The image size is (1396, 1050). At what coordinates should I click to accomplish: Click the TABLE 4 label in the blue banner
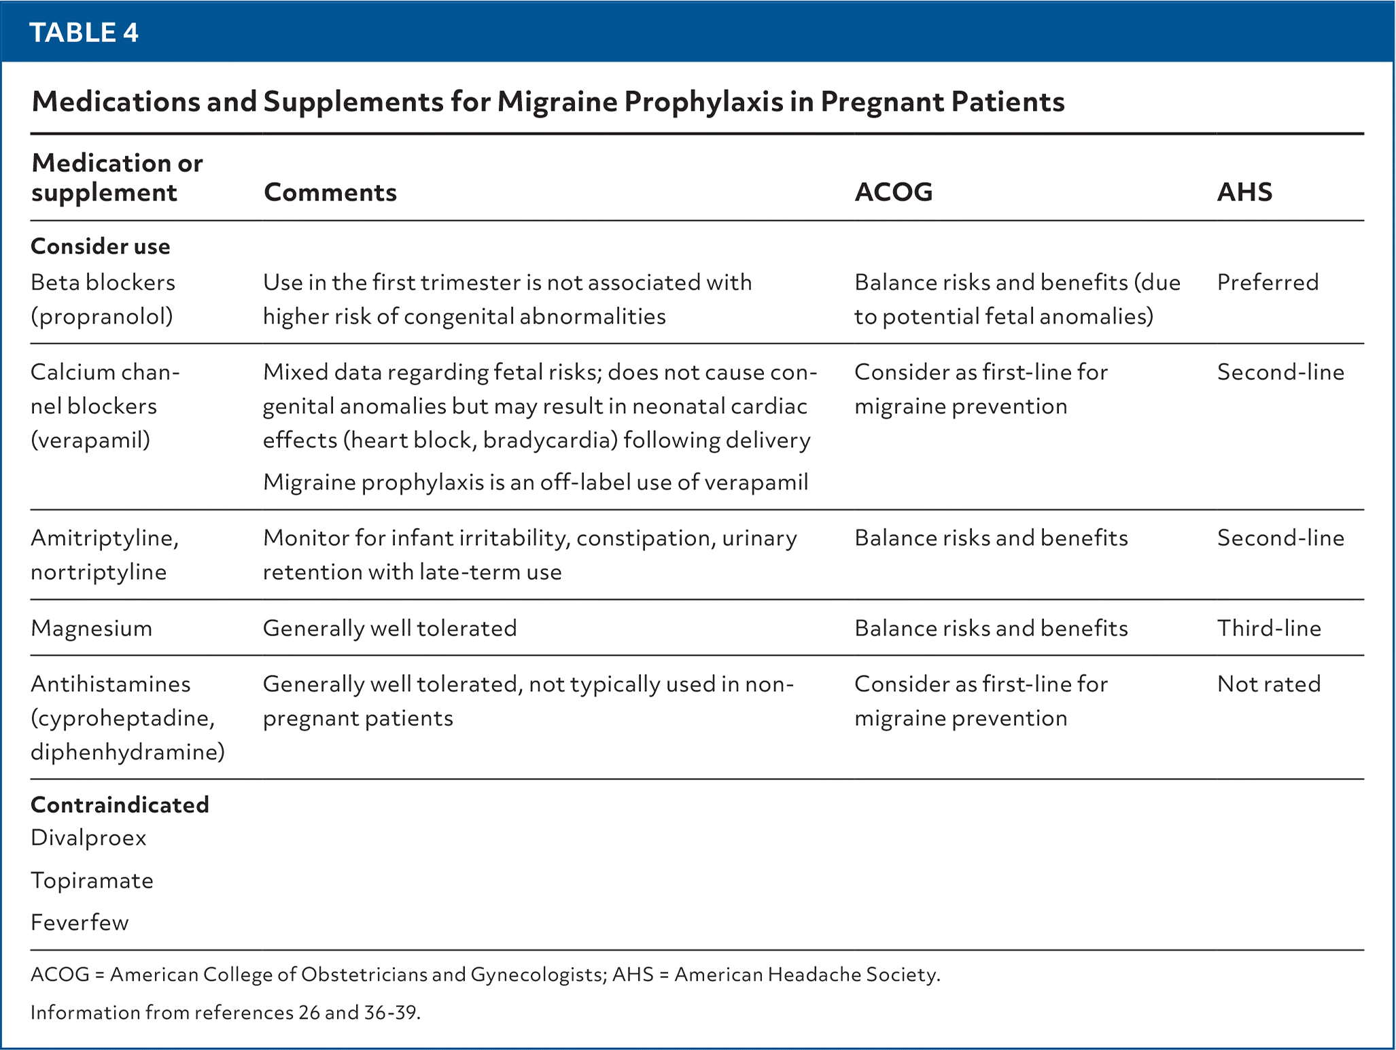pyautogui.click(x=84, y=33)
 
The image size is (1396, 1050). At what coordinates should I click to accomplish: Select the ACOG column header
pyautogui.click(x=893, y=192)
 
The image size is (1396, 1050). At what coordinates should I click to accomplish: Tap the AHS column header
pyautogui.click(x=1244, y=192)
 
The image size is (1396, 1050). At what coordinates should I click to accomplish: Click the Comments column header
pyautogui.click(x=330, y=192)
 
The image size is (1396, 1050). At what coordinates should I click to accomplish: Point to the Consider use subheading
pyautogui.click(x=101, y=246)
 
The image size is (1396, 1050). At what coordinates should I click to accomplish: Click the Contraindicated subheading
pyautogui.click(x=120, y=805)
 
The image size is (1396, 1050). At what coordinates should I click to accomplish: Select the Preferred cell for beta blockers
pyautogui.click(x=1268, y=282)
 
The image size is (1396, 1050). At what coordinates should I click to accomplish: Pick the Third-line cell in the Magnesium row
pyautogui.click(x=1269, y=628)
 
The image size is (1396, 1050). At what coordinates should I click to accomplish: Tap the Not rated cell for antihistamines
pyautogui.click(x=1269, y=684)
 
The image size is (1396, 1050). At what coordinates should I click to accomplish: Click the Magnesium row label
pyautogui.click(x=91, y=628)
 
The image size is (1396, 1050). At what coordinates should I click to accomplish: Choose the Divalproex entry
pyautogui.click(x=88, y=838)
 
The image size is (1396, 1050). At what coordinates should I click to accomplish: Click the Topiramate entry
pyautogui.click(x=92, y=881)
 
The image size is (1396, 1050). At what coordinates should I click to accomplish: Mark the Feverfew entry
pyautogui.click(x=80, y=923)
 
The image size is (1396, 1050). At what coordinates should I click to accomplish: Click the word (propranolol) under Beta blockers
pyautogui.click(x=102, y=317)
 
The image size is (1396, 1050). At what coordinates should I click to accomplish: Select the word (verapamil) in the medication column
pyautogui.click(x=90, y=440)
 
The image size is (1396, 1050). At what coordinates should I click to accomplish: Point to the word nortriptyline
pyautogui.click(x=99, y=572)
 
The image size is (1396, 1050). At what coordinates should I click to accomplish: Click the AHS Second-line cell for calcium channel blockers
pyautogui.click(x=1280, y=372)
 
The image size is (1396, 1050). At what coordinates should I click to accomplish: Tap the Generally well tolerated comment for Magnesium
pyautogui.click(x=389, y=628)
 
